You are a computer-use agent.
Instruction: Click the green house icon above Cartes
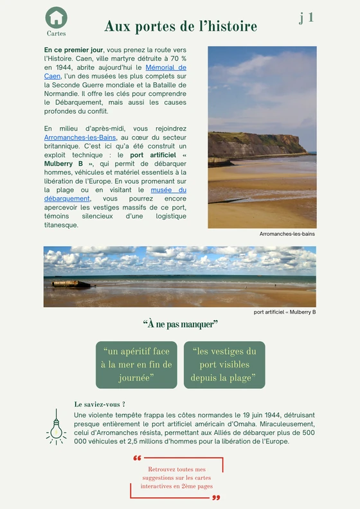click(57, 17)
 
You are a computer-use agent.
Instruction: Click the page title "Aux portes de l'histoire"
click(181, 26)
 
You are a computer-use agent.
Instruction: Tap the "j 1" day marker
click(306, 17)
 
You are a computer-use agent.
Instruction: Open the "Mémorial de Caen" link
click(166, 67)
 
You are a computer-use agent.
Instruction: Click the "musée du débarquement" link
click(168, 190)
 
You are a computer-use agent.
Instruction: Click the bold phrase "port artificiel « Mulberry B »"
click(154, 155)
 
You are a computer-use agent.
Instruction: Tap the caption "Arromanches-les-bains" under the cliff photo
click(287, 234)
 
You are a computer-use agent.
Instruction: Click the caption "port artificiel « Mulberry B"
click(285, 312)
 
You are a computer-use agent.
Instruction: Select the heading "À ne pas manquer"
click(180, 324)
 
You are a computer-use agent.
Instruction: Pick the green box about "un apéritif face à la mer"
click(136, 364)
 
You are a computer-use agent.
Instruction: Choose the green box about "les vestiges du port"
click(224, 364)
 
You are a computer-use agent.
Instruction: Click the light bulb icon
click(57, 427)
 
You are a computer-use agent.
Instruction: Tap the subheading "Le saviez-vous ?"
click(100, 404)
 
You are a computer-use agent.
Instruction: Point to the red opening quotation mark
click(137, 459)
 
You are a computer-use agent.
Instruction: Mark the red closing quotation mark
click(216, 497)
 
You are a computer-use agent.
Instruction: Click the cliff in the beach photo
click(257, 143)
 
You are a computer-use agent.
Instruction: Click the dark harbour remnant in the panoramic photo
click(71, 283)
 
